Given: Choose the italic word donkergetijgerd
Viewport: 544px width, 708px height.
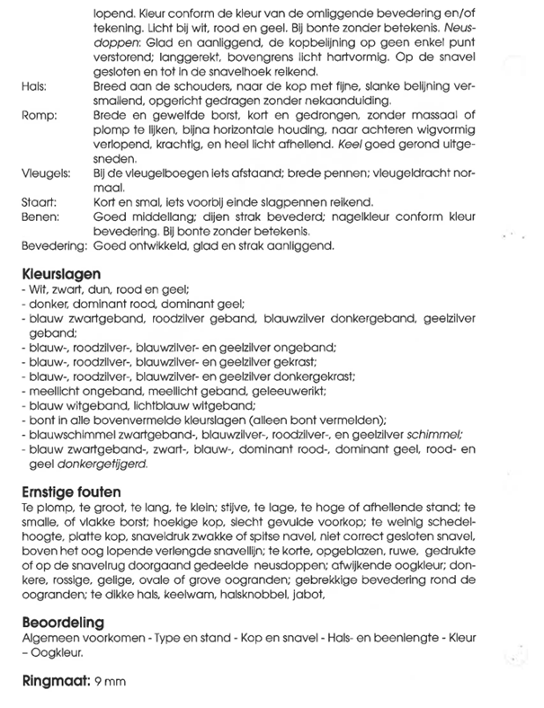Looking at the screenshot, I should (x=99, y=465).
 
